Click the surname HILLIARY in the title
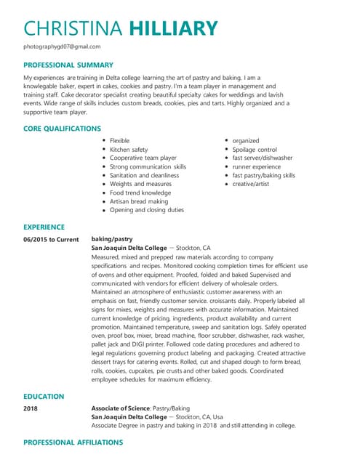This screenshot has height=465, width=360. [x=173, y=28]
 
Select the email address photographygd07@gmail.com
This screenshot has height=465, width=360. [x=62, y=46]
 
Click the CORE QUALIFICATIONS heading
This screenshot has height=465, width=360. [x=62, y=129]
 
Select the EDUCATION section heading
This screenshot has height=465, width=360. [x=44, y=397]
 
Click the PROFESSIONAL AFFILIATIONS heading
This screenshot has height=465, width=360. [x=73, y=442]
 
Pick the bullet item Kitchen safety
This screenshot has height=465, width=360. [x=129, y=150]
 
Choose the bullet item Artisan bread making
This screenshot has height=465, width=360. [x=138, y=201]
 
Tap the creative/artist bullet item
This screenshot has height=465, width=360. [x=252, y=185]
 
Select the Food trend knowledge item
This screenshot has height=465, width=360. [x=140, y=193]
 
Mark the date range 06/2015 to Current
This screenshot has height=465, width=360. [x=50, y=239]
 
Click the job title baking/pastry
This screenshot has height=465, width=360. [x=111, y=239]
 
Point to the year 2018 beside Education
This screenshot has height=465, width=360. [x=31, y=408]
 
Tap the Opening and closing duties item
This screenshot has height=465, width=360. [x=147, y=210]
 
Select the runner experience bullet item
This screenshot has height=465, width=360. [x=257, y=167]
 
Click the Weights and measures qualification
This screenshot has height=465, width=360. [x=140, y=184]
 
